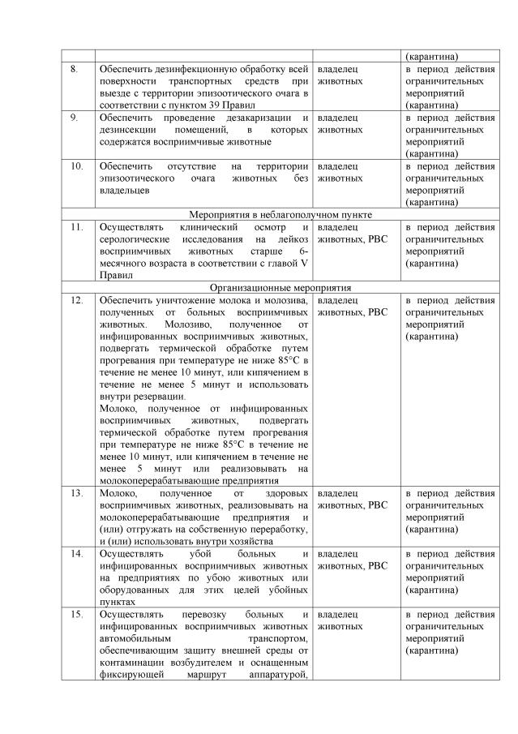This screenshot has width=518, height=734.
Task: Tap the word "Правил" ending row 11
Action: pos(114,275)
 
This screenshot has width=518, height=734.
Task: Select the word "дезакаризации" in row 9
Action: pos(257,118)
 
